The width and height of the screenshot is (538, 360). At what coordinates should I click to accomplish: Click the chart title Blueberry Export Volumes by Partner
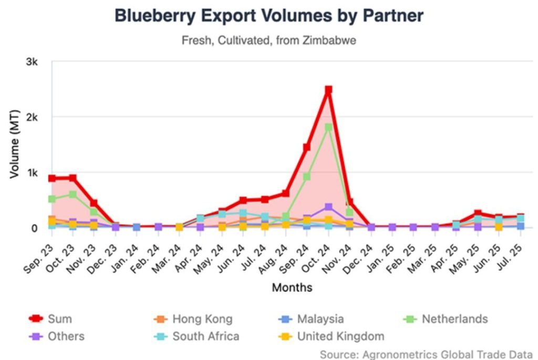pyautogui.click(x=268, y=16)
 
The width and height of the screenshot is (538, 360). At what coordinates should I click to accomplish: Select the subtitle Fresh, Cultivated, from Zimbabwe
pyautogui.click(x=268, y=40)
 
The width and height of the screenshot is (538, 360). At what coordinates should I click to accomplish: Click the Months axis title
pyautogui.click(x=292, y=287)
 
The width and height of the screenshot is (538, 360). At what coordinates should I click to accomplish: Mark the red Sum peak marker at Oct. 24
pyautogui.click(x=328, y=90)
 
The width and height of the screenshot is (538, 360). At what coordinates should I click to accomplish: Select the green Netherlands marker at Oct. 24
pyautogui.click(x=328, y=127)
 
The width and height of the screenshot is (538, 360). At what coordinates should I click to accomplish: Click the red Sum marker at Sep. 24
pyautogui.click(x=307, y=147)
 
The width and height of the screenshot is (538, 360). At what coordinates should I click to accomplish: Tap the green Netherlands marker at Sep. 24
pyautogui.click(x=307, y=177)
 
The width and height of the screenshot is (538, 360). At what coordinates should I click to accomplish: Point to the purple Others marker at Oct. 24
pyautogui.click(x=328, y=207)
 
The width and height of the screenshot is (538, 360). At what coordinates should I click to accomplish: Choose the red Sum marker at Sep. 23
pyautogui.click(x=52, y=178)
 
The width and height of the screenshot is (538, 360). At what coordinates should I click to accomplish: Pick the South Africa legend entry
pyautogui.click(x=206, y=336)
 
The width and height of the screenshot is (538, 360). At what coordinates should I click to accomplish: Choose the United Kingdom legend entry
pyautogui.click(x=340, y=336)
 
